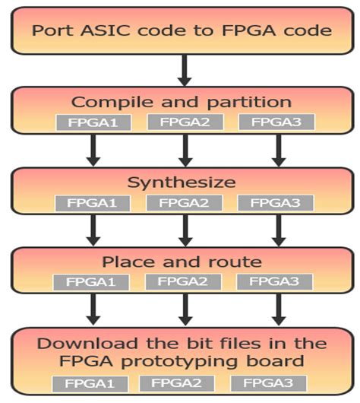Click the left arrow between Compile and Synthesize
coord(93,151)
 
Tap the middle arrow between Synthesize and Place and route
coord(182,231)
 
